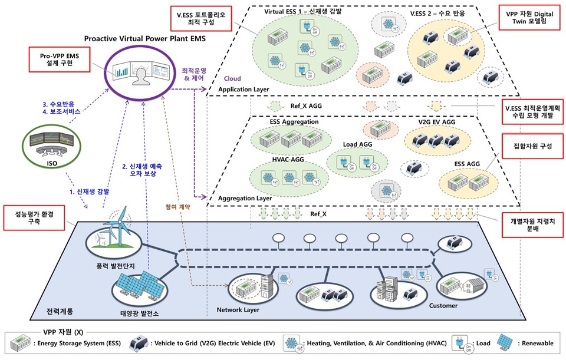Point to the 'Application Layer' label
pyautogui.click(x=243, y=90)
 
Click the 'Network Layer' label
pyautogui.click(x=238, y=309)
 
